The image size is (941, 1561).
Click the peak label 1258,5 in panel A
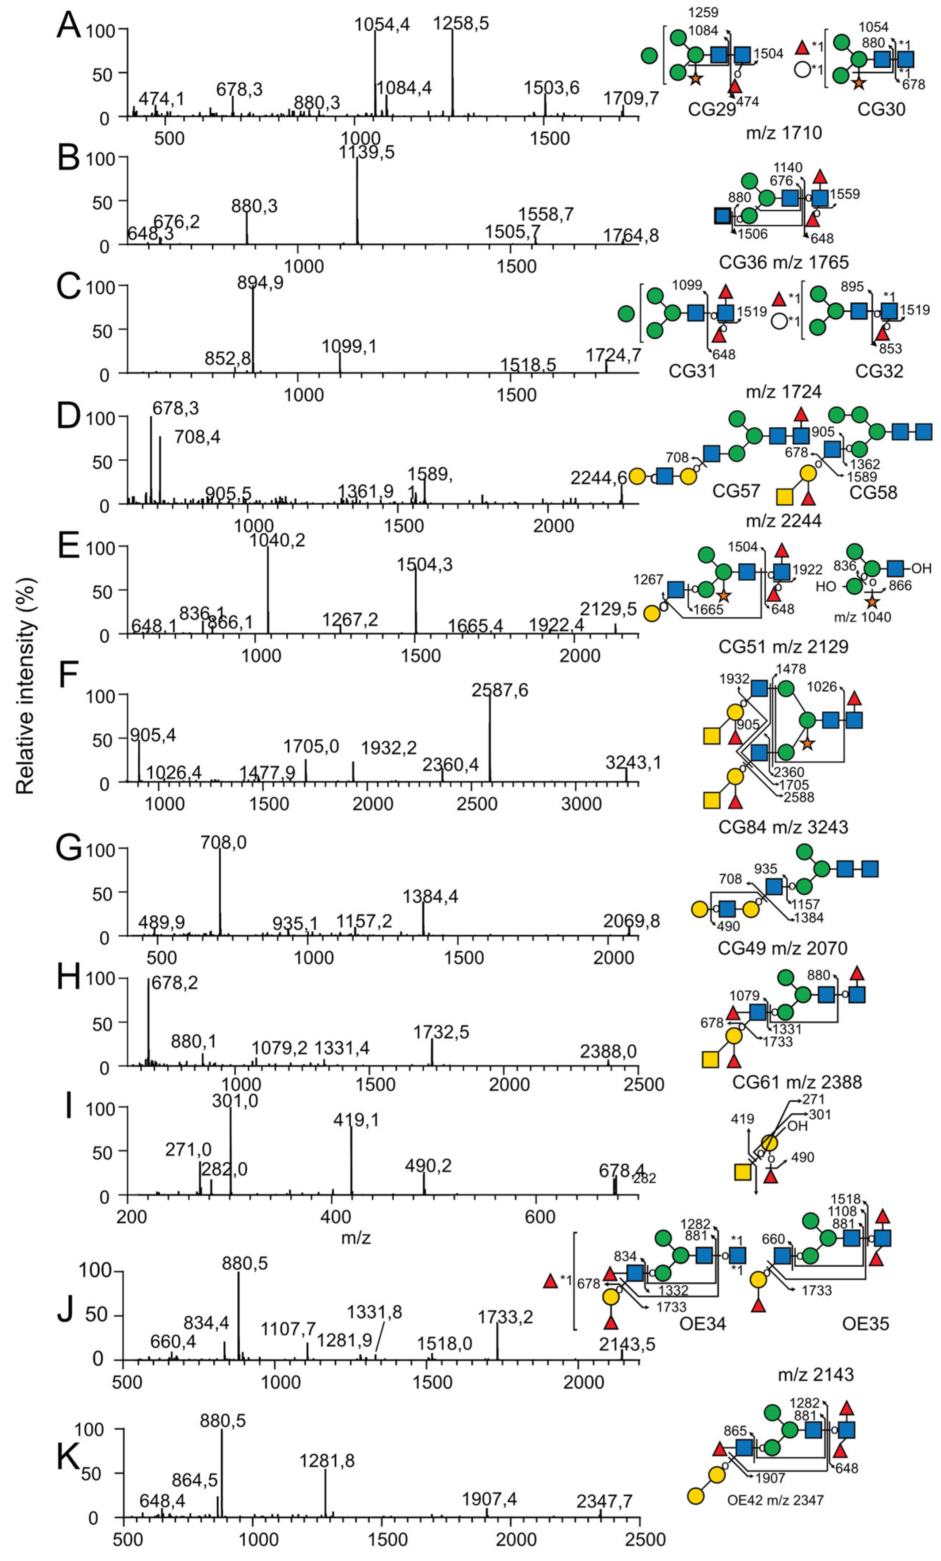pyautogui.click(x=461, y=23)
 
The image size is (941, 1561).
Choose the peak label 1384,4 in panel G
pyautogui.click(x=430, y=896)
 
